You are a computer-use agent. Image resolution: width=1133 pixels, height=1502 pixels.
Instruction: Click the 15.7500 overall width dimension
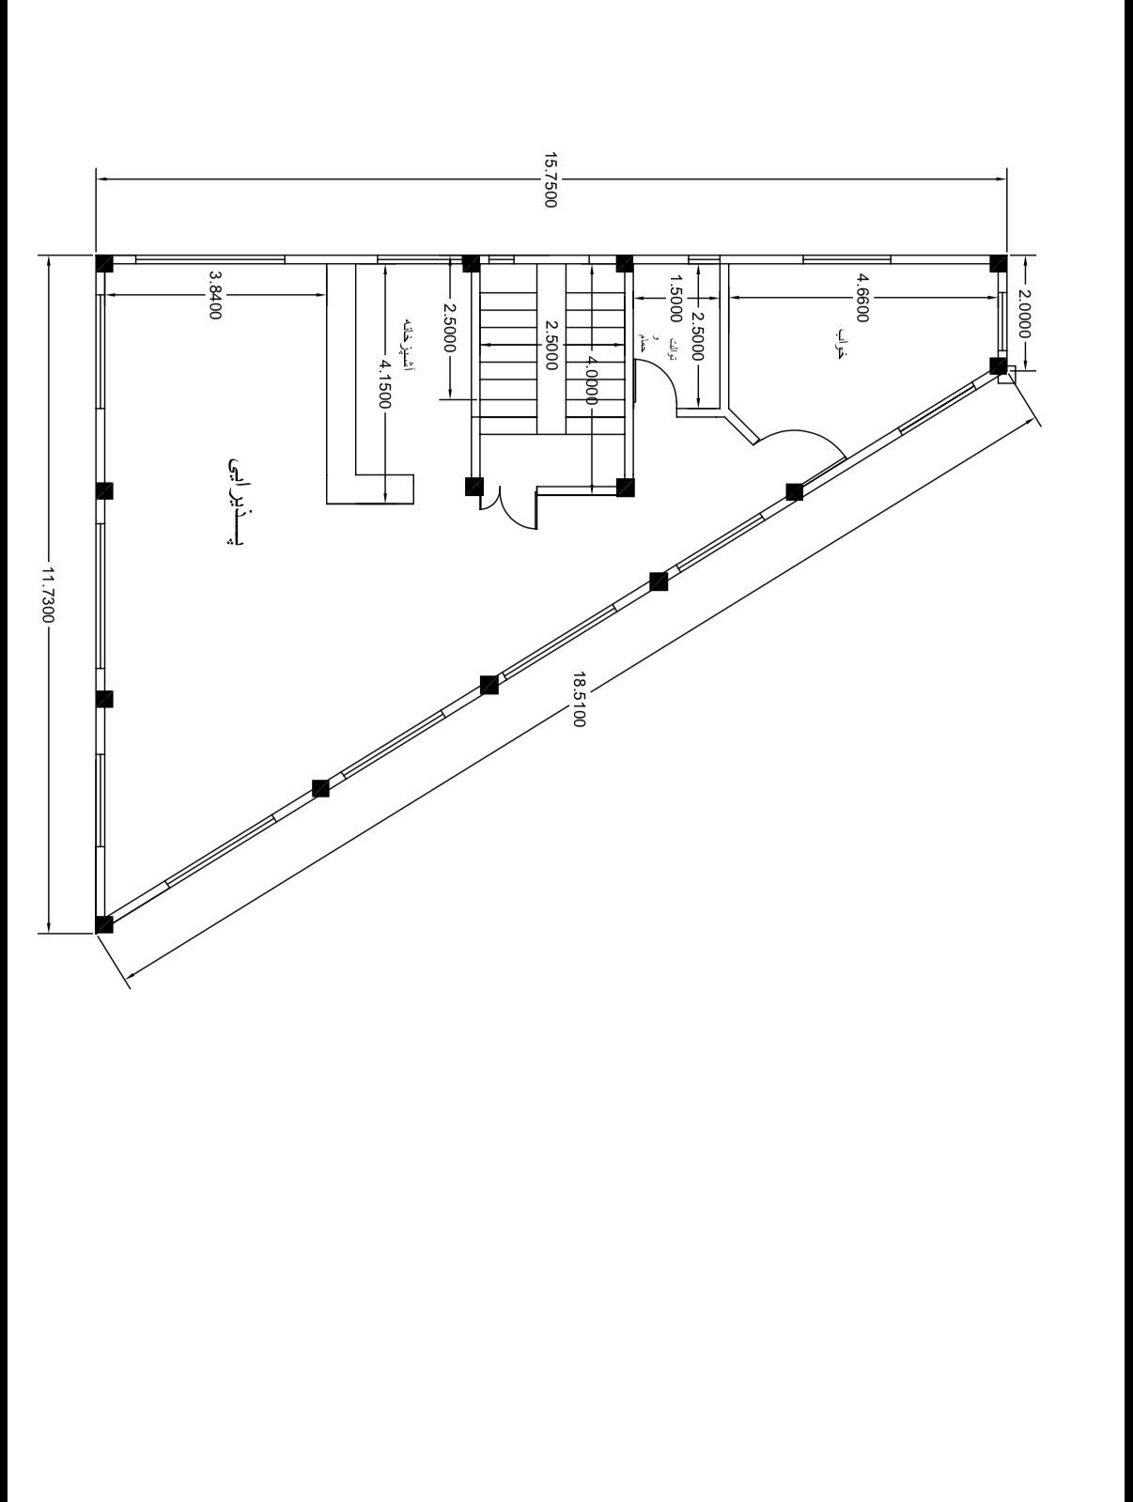click(551, 178)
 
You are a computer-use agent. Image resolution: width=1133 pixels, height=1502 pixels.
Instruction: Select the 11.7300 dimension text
click(48, 595)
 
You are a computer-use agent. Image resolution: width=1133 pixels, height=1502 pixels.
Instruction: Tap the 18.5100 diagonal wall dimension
click(579, 699)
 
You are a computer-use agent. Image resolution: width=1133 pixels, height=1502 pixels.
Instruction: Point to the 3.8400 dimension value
click(214, 295)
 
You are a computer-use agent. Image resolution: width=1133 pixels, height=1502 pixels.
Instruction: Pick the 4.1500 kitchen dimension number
click(385, 382)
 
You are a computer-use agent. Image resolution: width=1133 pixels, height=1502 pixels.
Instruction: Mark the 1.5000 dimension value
click(674, 298)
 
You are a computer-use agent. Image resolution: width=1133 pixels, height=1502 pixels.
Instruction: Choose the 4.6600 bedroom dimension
click(862, 298)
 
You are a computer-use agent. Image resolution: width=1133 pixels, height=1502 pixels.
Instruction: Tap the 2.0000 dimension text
click(1024, 315)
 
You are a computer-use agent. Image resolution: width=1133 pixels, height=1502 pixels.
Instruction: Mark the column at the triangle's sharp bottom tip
click(104, 924)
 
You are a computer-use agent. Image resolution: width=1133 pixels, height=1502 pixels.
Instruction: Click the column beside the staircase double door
click(473, 486)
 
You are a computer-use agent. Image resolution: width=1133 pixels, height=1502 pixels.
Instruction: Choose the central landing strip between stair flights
click(550, 357)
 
